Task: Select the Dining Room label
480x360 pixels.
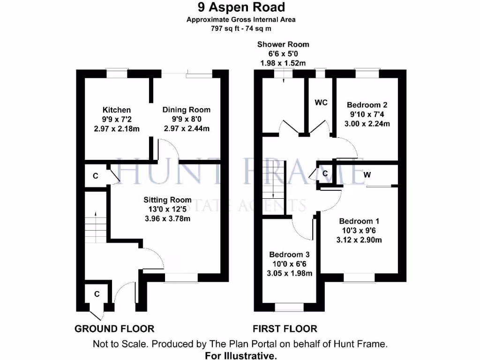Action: click(x=186, y=110)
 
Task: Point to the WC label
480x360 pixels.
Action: click(x=321, y=102)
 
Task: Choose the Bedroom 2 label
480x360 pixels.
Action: click(x=367, y=105)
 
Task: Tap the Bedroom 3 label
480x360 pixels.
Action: click(x=289, y=255)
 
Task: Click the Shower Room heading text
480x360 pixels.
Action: click(x=283, y=44)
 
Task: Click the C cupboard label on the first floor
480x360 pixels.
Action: click(x=325, y=173)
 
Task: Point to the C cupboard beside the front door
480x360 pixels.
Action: click(x=97, y=294)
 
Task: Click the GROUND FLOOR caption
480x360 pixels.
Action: click(x=114, y=329)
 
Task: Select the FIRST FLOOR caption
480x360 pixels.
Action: click(x=285, y=329)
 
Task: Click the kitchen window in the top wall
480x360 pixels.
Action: click(x=116, y=73)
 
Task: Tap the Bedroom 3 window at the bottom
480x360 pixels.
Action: click(x=289, y=307)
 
